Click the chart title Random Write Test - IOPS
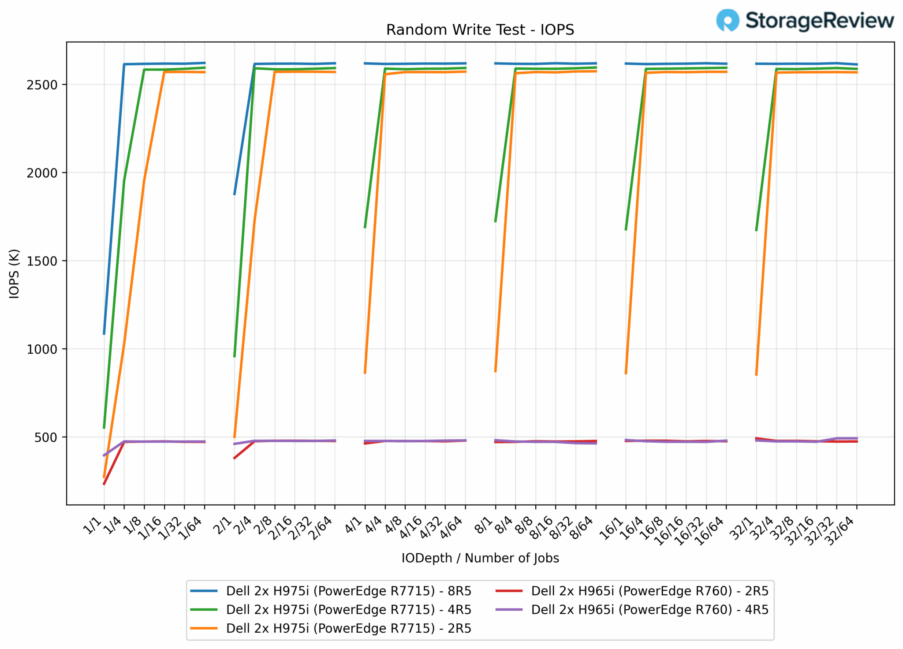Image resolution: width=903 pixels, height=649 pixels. tap(480, 30)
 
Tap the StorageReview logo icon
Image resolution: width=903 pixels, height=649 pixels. tap(727, 20)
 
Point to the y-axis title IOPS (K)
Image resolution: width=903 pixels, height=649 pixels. tap(14, 273)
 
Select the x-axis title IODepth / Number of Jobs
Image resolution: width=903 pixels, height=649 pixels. tap(480, 558)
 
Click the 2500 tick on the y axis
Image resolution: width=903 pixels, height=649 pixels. tap(42, 85)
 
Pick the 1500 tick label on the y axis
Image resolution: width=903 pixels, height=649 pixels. tap(42, 261)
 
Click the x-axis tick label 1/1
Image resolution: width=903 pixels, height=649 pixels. tap(93, 526)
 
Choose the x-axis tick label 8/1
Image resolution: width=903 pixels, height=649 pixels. tap(485, 526)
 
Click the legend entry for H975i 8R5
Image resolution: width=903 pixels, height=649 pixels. tap(331, 591)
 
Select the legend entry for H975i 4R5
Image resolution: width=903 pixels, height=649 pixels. tap(331, 609)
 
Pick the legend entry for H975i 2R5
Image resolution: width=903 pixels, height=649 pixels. tap(331, 628)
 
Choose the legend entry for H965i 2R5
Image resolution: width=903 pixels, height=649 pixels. tap(632, 591)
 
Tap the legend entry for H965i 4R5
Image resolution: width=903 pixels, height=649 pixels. tap(632, 609)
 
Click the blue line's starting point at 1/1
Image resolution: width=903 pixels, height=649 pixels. tap(104, 334)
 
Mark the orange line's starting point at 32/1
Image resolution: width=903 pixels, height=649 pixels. tap(756, 375)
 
